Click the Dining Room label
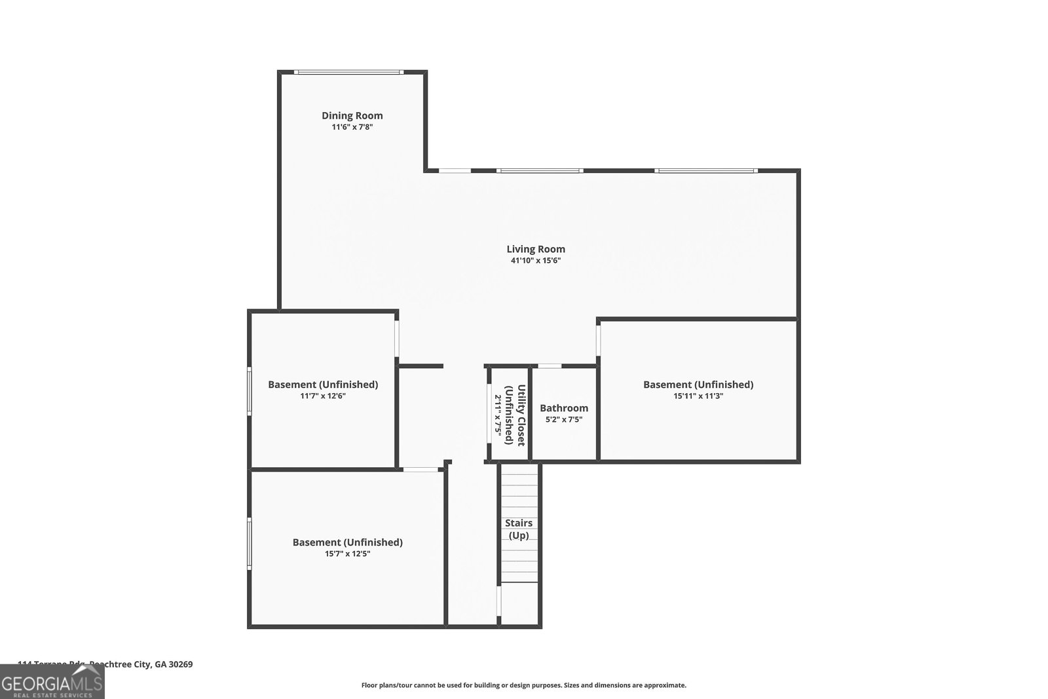[352, 115]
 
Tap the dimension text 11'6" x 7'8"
[352, 127]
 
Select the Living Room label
[535, 249]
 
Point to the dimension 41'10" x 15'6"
[535, 261]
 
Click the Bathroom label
[563, 408]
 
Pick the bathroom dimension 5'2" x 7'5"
[563, 419]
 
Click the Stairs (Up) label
[518, 529]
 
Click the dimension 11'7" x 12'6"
[322, 396]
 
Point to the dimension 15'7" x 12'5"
[347, 554]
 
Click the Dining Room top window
[348, 72]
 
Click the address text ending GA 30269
[105, 664]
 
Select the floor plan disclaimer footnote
[523, 685]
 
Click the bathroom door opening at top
[550, 366]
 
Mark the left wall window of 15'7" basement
[249, 543]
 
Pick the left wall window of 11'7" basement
[249, 391]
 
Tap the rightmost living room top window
[705, 171]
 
